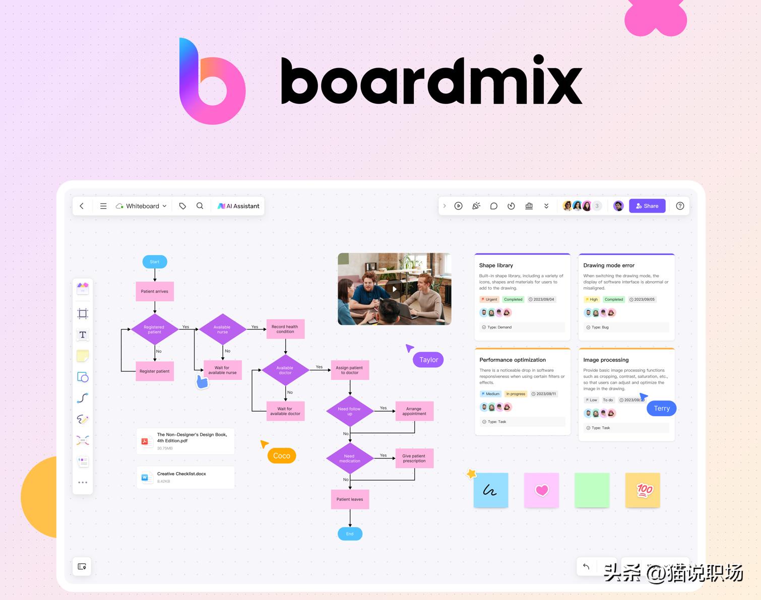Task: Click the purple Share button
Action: pos(647,206)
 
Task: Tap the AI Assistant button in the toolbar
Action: pos(238,206)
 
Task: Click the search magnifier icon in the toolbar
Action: pos(200,206)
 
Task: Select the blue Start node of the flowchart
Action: pos(154,262)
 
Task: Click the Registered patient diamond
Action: pos(154,329)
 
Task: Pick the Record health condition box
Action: pos(285,329)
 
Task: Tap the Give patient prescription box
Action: pos(414,458)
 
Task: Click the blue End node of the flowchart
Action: pos(350,534)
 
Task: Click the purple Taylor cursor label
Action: pos(428,360)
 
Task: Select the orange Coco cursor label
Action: pos(282,456)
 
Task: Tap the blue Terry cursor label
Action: pos(661,409)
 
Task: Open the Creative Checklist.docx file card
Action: pos(185,477)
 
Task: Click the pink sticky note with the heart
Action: pos(541,490)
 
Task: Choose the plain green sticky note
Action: pos(592,490)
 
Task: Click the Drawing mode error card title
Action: pos(609,265)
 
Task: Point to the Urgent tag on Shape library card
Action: pos(489,299)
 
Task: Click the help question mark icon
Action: pos(680,206)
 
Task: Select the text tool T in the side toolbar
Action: pos(83,335)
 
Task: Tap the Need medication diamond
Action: pos(350,458)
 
